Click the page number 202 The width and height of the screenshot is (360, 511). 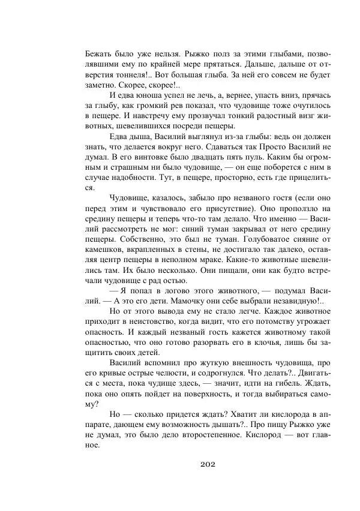pos(206,465)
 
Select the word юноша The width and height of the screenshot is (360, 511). pos(151,95)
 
